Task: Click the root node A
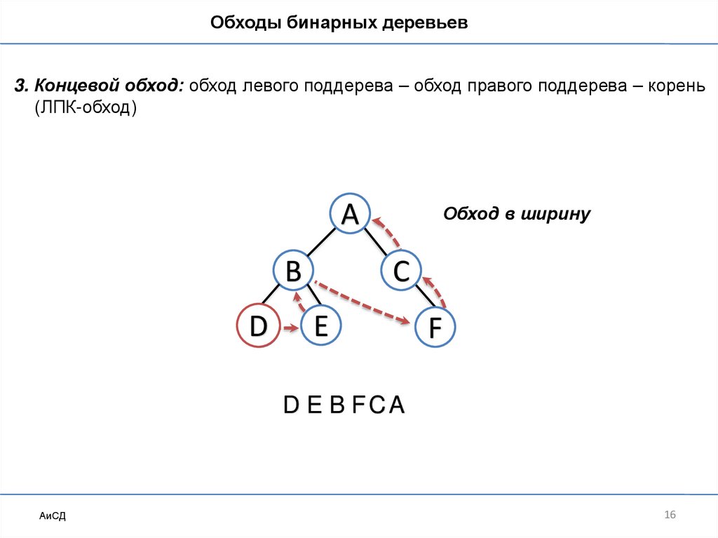[350, 214]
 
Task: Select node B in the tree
[294, 269]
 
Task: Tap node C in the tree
[401, 271]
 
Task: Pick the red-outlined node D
[258, 326]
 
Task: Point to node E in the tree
[320, 326]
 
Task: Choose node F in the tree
[435, 328]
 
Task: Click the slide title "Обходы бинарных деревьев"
[339, 24]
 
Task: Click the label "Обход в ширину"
[517, 214]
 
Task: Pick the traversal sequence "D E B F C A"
[344, 405]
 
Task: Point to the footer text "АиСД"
[53, 516]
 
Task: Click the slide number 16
[669, 516]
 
